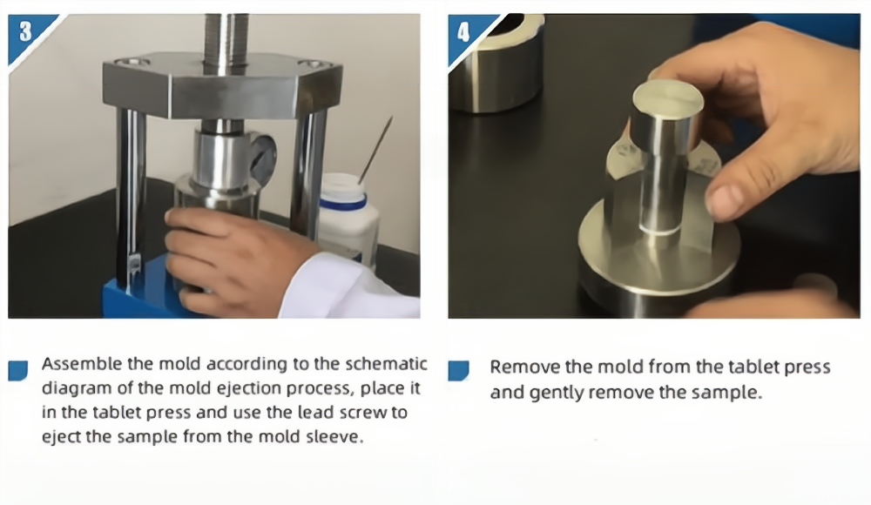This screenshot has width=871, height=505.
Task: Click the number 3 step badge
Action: [25, 32]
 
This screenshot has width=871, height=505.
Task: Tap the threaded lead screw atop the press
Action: [226, 39]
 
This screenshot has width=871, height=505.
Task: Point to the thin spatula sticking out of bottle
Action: [375, 150]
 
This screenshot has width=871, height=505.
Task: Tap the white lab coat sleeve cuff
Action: [344, 289]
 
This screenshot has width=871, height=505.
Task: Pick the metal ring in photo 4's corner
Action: [497, 61]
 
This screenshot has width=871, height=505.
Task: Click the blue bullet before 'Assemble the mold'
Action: [18, 370]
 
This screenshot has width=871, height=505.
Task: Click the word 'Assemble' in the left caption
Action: [82, 364]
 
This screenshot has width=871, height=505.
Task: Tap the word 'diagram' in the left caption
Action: [78, 388]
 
